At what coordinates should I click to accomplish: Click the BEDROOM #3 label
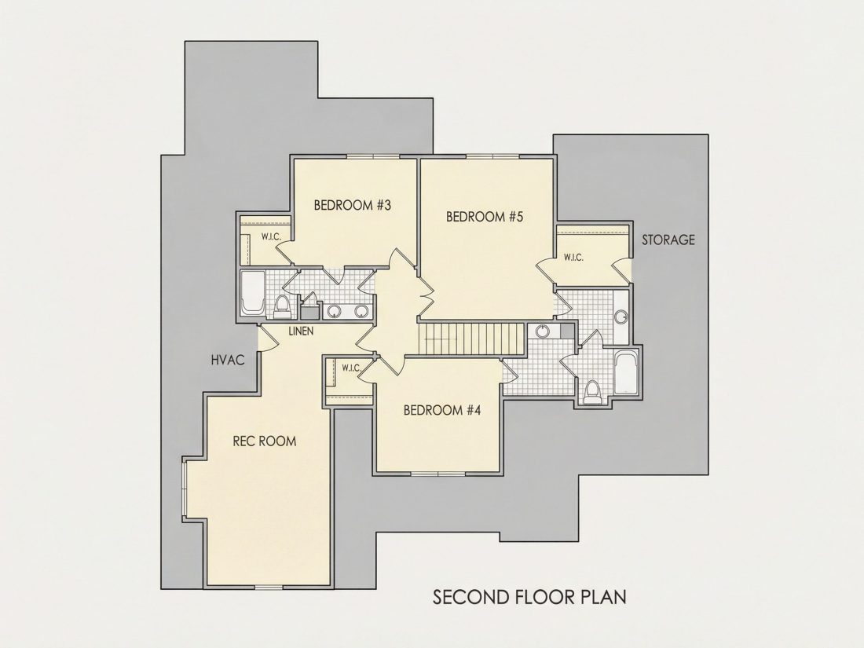(352, 206)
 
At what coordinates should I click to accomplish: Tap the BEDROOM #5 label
(485, 217)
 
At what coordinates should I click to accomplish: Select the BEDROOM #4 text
(442, 411)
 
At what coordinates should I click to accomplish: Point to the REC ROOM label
(265, 441)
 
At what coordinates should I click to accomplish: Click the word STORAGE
(668, 240)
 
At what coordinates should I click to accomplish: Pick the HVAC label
(228, 361)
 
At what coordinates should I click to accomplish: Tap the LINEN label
(301, 331)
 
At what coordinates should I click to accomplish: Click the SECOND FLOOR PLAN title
(529, 597)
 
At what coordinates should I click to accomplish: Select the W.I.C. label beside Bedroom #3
(272, 237)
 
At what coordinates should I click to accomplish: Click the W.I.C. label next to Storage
(573, 258)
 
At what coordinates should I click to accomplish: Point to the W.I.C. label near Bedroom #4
(351, 368)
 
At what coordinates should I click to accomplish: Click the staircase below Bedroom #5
(471, 339)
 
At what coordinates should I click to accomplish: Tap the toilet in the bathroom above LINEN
(281, 307)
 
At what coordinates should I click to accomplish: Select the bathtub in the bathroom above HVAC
(253, 293)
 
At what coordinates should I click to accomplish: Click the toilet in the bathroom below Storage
(592, 392)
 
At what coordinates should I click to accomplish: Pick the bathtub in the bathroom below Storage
(627, 373)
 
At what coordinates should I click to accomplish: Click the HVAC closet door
(267, 338)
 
